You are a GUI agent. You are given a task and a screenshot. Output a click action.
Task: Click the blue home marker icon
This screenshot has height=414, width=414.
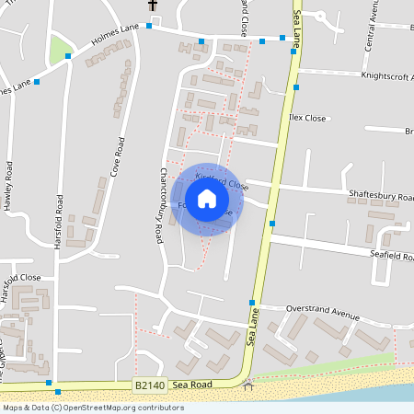(x=207, y=198)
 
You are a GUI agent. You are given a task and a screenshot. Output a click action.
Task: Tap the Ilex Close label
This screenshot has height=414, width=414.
(x=308, y=119)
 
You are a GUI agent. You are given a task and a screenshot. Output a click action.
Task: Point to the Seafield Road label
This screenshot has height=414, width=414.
(x=385, y=255)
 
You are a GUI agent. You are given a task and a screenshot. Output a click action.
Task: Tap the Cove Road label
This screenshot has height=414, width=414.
(x=117, y=157)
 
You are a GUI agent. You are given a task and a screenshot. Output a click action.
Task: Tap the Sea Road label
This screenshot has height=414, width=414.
(x=191, y=385)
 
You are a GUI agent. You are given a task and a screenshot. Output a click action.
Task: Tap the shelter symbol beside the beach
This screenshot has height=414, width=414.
(x=247, y=385)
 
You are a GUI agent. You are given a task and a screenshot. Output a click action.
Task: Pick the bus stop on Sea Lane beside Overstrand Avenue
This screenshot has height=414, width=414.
(x=251, y=302)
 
